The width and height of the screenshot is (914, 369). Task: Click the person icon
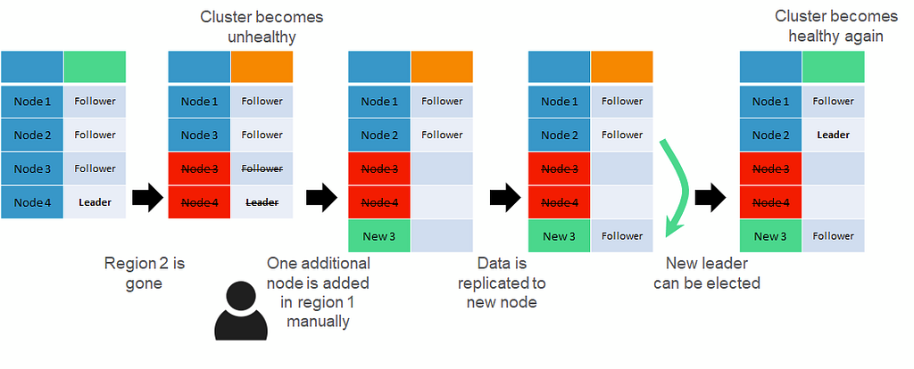241,311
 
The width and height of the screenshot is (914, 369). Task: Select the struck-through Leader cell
262,202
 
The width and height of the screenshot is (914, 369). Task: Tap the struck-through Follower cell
262,168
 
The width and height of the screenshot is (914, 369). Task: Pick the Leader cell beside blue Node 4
95,202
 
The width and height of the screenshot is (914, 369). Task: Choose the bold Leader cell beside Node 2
833,135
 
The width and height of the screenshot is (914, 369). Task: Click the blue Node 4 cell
32,202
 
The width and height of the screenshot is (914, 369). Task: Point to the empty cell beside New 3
442,236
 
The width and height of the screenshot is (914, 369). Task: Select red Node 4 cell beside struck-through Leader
199,202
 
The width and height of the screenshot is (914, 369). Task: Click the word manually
319,321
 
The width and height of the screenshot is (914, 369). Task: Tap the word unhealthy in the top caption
262,37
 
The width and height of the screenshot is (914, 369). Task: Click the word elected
734,283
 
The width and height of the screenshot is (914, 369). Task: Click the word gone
144,284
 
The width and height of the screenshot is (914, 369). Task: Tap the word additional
336,263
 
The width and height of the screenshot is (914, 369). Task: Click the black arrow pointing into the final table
710,199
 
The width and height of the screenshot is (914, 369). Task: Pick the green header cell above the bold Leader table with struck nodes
833,66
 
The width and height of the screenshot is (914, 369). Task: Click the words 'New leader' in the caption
707,263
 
